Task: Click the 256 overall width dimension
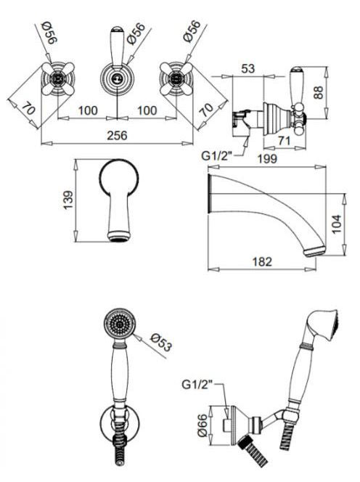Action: [117, 135]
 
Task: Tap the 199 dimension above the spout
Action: [267, 159]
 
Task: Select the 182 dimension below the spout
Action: [262, 261]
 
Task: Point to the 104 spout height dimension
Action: [337, 224]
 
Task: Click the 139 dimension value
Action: [68, 200]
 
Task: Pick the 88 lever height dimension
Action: [319, 92]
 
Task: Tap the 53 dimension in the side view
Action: [248, 68]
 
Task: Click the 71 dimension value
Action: [284, 141]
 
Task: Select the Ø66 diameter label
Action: [203, 425]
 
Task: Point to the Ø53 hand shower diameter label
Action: [160, 342]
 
